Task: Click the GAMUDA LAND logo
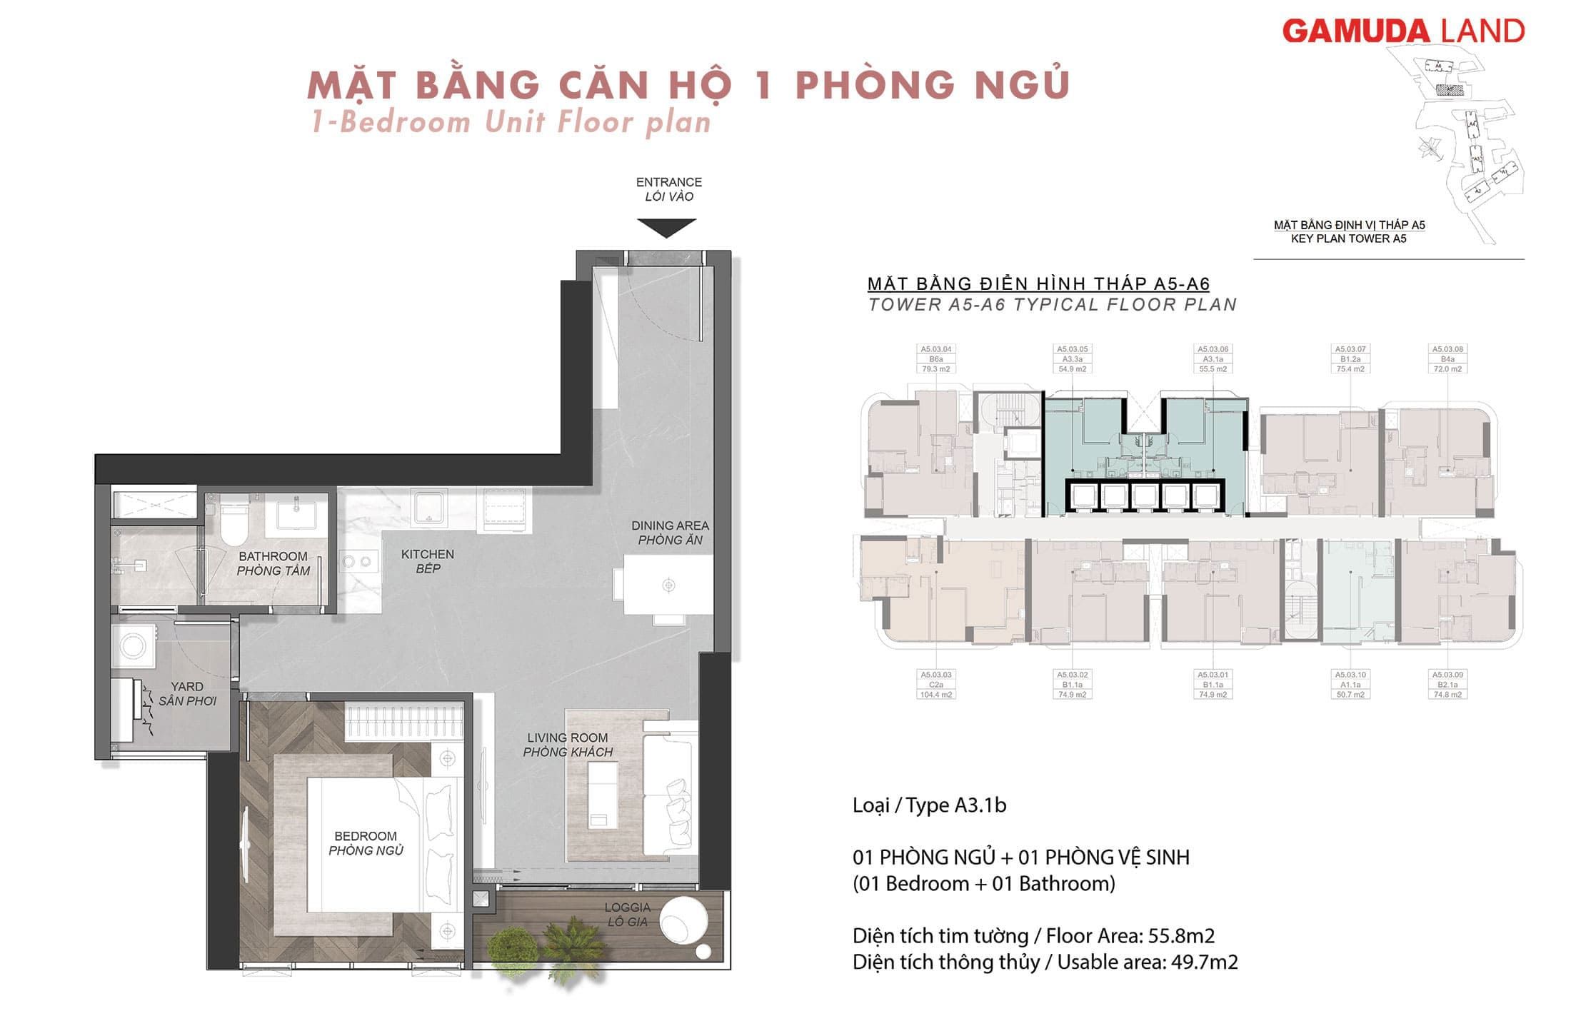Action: pos(1403,31)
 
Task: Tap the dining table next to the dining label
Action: pos(668,585)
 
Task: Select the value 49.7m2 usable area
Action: pos(1204,962)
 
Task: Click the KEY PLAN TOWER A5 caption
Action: pos(1348,238)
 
